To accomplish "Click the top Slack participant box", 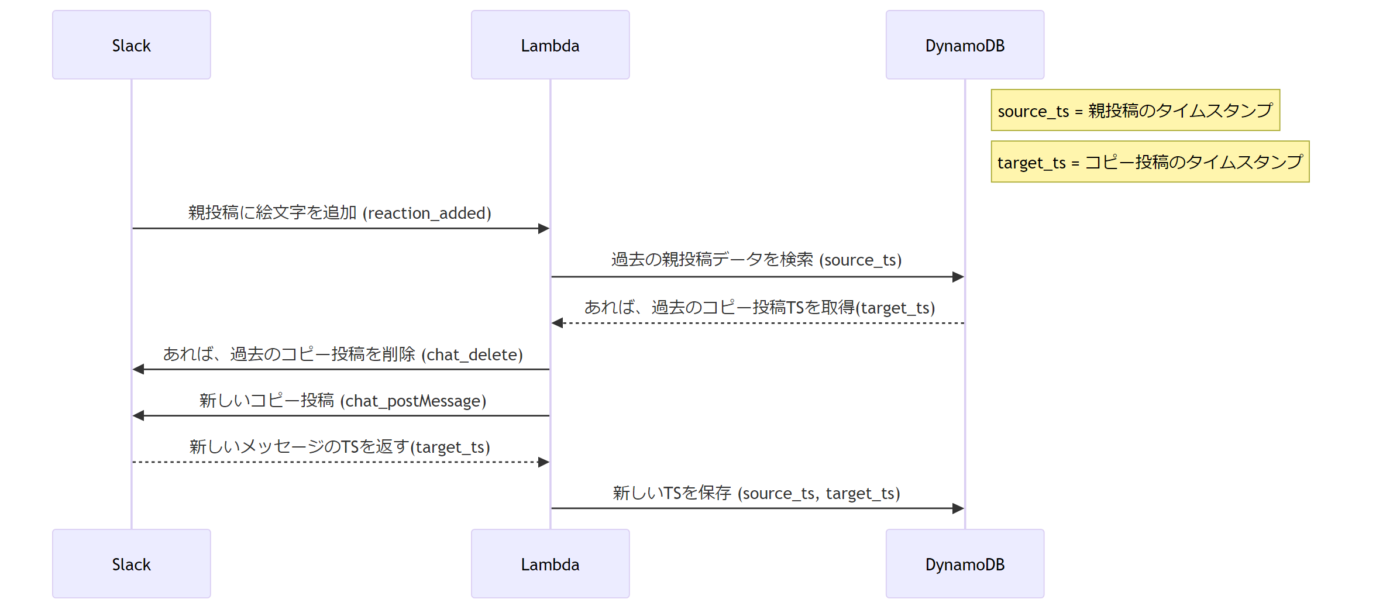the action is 132,45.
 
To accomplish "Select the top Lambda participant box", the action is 551,45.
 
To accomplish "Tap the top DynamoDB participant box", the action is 965,45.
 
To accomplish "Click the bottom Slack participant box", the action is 132,564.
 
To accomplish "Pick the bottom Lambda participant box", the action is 551,564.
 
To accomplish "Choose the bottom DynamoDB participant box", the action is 965,564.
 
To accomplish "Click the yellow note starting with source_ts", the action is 1136,110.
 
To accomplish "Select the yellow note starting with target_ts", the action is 1150,161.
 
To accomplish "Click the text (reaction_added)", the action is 427,213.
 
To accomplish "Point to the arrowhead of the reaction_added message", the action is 544,228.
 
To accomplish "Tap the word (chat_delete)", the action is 472,355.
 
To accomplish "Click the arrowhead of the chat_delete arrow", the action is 138,369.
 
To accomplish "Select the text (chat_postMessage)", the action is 413,401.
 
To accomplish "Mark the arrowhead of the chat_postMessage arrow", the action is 138,415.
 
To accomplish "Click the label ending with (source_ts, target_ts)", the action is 756,493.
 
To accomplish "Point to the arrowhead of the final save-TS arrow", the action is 958,508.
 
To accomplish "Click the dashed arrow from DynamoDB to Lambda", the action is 758,323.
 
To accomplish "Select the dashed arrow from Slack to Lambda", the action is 341,462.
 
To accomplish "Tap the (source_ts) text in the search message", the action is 861,260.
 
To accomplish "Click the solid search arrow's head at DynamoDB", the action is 958,277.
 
